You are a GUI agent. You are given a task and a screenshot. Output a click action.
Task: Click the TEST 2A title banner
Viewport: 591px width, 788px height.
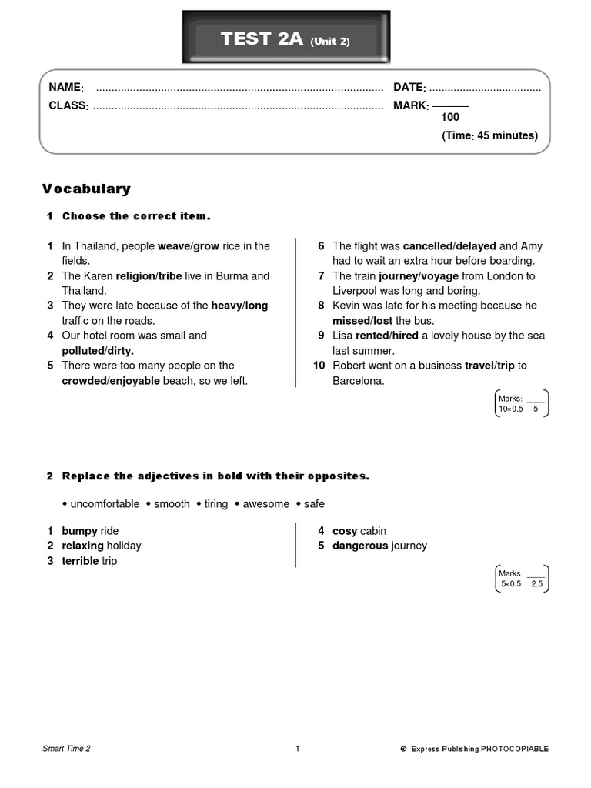pos(285,39)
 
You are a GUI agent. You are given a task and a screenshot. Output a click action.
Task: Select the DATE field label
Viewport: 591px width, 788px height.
pos(409,88)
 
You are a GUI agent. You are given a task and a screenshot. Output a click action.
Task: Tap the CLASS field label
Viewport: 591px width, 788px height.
pos(68,105)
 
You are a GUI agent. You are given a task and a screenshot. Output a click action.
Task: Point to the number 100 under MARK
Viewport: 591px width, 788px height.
pos(450,117)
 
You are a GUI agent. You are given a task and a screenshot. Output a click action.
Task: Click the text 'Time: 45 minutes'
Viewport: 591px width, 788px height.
pos(489,135)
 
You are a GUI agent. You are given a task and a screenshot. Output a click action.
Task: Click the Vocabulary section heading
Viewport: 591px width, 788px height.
pos(86,189)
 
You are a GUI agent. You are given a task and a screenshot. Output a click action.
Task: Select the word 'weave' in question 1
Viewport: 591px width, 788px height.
pos(173,246)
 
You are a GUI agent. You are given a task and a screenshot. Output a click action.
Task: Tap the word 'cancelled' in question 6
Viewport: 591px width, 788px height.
pos(427,246)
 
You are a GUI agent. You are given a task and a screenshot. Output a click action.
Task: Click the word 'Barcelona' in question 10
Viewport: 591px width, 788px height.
pos(358,381)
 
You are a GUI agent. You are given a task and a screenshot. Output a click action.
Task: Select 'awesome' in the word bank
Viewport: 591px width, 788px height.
pos(266,504)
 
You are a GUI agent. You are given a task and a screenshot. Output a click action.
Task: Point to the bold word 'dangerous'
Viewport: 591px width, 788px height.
pos(360,546)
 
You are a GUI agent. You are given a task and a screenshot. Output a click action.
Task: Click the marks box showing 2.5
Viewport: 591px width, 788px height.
pos(522,579)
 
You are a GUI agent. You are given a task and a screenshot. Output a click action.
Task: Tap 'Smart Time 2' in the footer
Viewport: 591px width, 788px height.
pos(67,749)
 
